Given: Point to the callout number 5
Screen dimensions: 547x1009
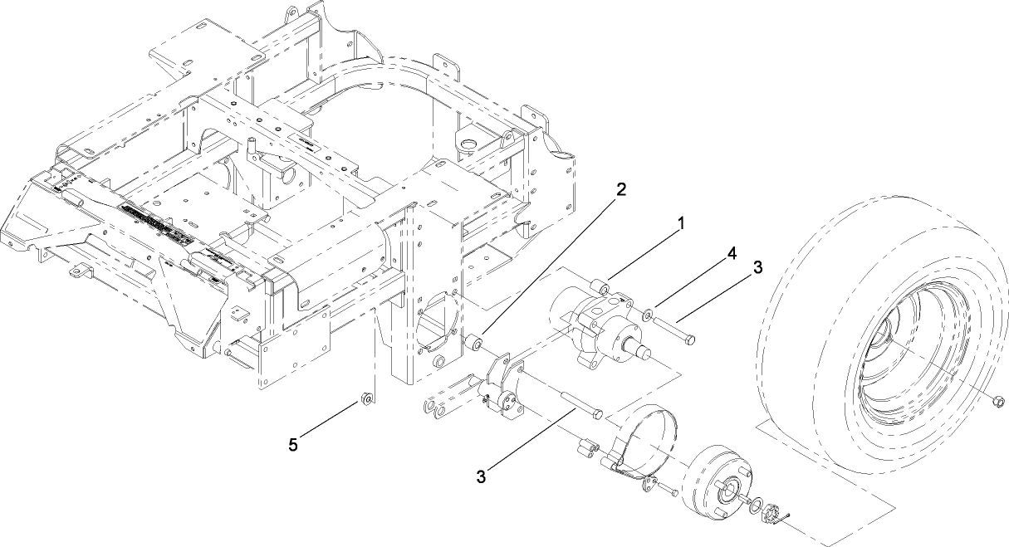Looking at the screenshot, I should click(293, 445).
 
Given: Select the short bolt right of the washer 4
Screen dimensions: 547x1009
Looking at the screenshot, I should click(677, 330).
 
